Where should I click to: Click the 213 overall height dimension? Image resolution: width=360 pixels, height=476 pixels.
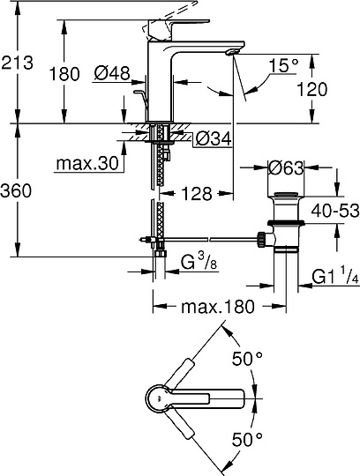(19, 63)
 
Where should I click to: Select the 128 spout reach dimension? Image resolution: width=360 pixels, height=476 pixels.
(199, 193)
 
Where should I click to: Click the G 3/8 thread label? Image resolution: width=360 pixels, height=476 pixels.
(199, 263)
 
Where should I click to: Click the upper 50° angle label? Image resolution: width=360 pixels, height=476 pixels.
(247, 359)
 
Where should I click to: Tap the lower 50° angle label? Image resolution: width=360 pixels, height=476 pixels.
(247, 438)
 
